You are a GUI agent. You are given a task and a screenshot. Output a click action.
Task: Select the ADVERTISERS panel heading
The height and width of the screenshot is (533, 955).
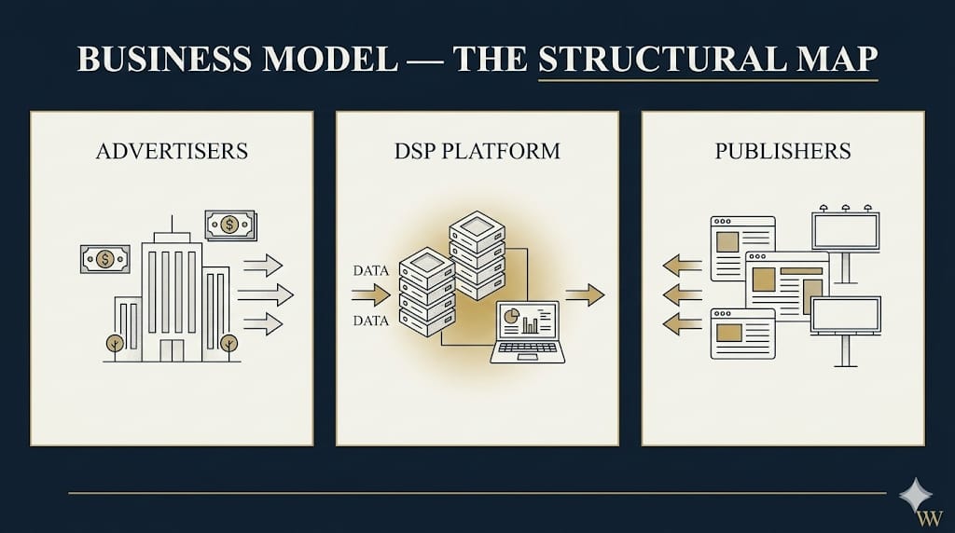coord(172,150)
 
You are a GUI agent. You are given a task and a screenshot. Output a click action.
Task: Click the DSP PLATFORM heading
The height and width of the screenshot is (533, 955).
coord(477,150)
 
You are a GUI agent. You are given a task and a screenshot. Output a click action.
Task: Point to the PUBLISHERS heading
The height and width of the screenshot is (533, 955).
coord(782,150)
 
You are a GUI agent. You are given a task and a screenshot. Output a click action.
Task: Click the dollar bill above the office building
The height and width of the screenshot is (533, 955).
coord(229,225)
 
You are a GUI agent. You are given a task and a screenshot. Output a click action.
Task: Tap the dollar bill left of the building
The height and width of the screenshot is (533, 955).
coord(105,259)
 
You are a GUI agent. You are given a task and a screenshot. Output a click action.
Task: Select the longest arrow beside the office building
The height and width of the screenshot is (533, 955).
coord(265,294)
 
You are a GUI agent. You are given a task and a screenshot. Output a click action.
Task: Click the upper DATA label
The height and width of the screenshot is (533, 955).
coord(370,271)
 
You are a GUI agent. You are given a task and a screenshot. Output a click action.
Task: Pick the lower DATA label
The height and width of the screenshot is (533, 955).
coord(370,321)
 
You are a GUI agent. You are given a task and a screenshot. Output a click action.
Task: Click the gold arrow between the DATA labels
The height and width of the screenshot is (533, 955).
coord(370,295)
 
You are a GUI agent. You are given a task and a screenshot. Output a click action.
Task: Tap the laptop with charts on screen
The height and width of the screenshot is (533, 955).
coord(527,332)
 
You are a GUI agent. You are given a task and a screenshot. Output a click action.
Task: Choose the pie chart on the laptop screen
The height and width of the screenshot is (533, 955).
coord(511,319)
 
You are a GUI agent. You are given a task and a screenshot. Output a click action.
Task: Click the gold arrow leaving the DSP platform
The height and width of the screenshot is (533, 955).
coord(584,295)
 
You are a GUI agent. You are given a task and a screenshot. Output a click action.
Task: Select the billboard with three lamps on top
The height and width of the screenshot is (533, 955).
coord(845,230)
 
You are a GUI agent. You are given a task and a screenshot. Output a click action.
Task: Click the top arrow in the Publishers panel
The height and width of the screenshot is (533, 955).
coord(682,266)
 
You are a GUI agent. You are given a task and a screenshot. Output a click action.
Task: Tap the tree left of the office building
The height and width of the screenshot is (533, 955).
coord(115,345)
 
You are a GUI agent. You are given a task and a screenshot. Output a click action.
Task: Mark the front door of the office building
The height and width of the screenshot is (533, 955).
coord(172,349)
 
